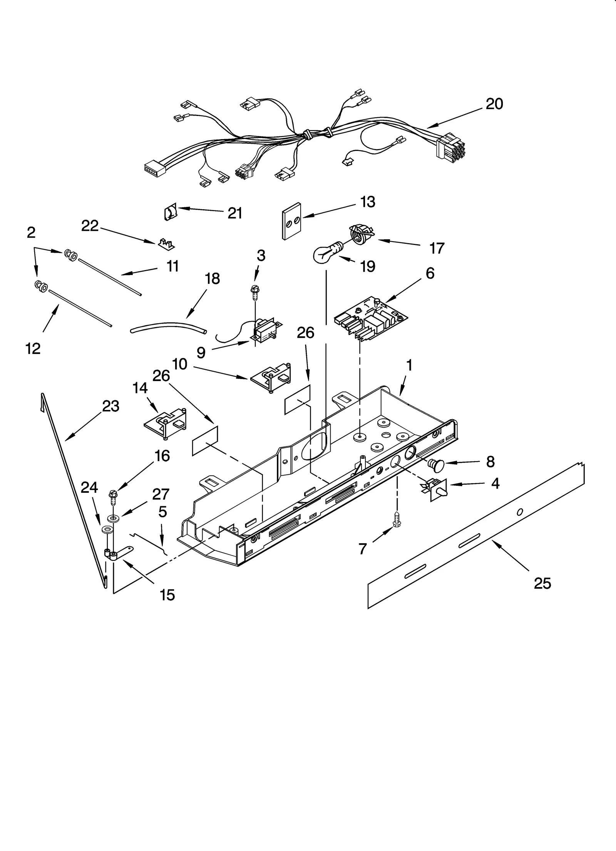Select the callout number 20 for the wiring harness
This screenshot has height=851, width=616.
pos(494,104)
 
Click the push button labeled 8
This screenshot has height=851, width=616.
pos(436,466)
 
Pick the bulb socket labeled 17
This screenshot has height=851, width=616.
pos(361,233)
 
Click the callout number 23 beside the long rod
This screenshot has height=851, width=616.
pos(110,406)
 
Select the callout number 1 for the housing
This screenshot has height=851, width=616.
pos(409,365)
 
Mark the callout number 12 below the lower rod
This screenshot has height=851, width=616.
pos(33,349)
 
